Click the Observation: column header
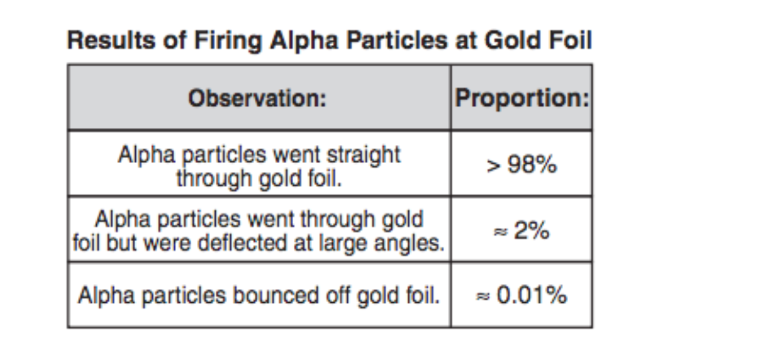point(257,99)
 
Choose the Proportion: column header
point(521,98)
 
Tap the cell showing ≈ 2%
point(521,231)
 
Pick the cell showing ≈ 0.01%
point(521,296)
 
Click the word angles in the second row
point(415,242)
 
